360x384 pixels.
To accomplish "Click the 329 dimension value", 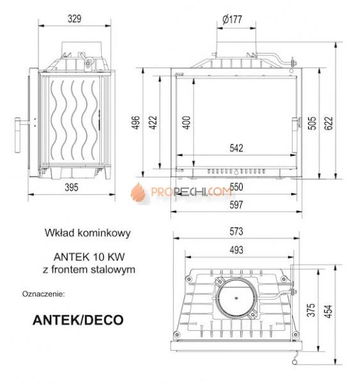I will (74, 19).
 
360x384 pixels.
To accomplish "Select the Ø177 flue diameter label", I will (233, 19).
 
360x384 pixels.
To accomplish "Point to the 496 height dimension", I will (135, 122).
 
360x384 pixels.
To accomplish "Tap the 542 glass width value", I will (236, 148).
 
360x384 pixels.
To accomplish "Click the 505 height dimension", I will (312, 122).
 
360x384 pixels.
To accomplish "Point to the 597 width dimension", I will (236, 205).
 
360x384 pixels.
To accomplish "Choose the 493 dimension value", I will (237, 249).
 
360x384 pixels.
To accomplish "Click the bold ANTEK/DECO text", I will (78, 319).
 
